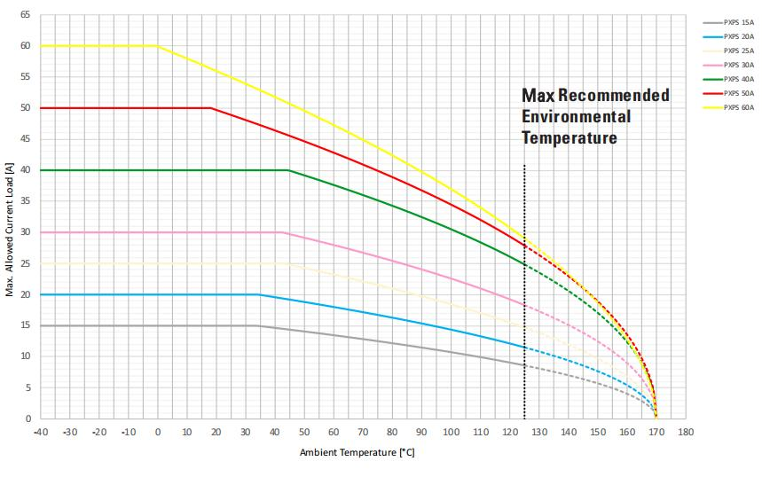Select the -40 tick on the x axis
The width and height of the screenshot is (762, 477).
pos(40,433)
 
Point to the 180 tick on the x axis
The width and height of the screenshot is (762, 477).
pos(685,433)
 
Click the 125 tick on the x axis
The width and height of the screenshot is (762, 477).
pos(524,433)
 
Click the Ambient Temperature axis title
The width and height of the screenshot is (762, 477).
pos(357,453)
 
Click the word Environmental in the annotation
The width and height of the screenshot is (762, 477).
pos(576,117)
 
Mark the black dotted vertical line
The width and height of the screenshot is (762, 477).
pos(524,293)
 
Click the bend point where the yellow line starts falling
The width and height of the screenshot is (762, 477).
pos(158,46)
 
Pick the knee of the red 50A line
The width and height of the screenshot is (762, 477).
pos(211,108)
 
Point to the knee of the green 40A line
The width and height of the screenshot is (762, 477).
pos(288,170)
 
